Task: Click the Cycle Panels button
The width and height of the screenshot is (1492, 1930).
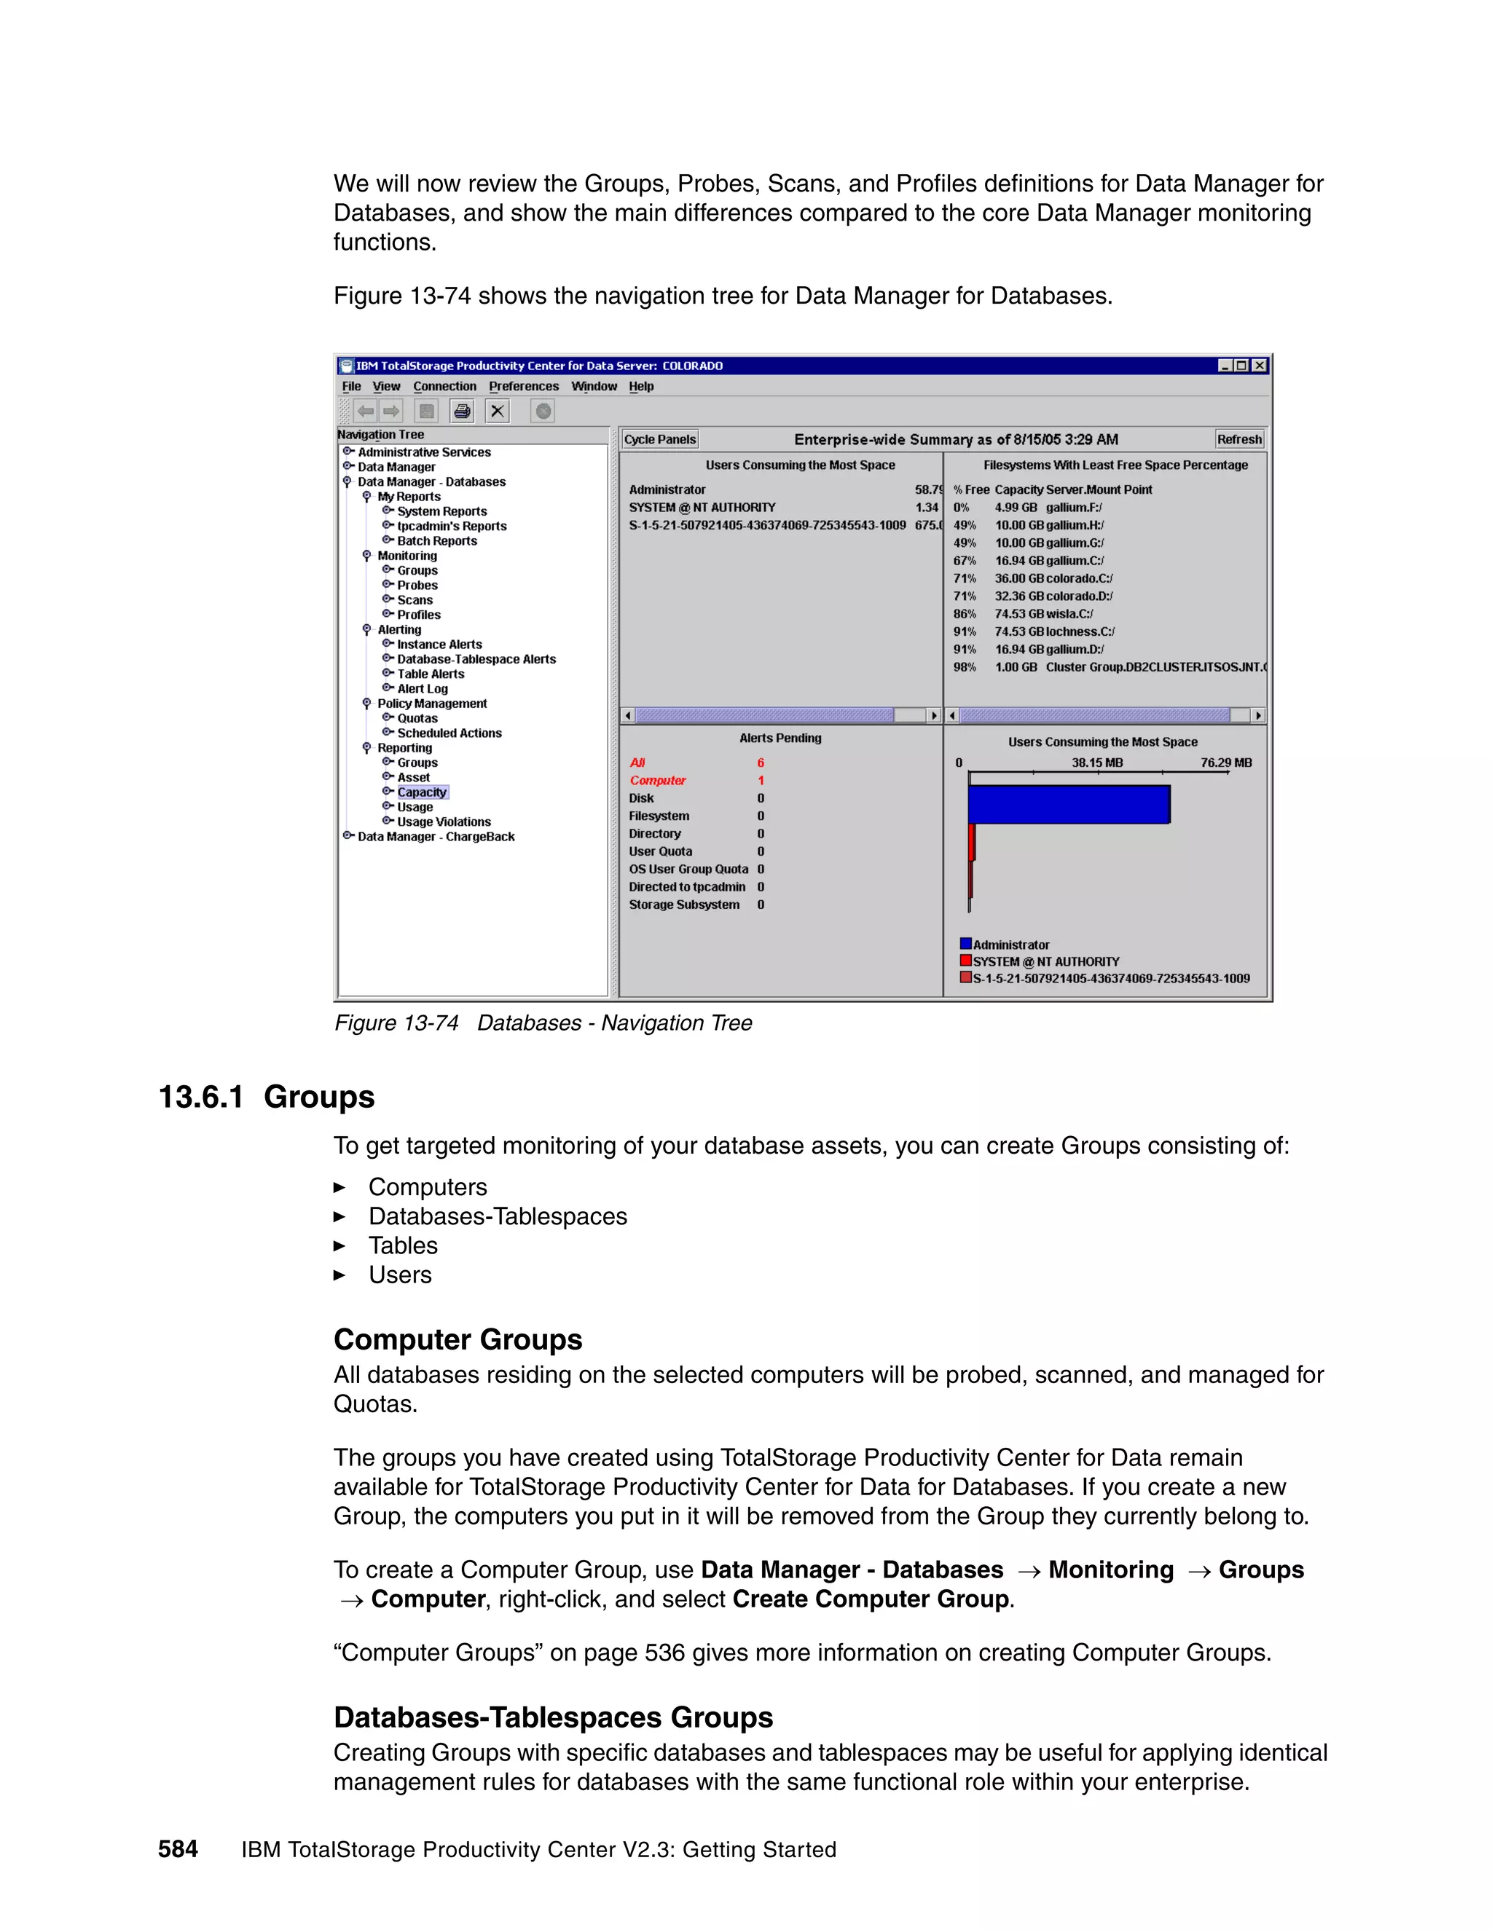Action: [659, 439]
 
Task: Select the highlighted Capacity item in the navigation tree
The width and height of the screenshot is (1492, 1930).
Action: [422, 792]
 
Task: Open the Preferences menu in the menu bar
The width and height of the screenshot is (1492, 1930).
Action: [523, 386]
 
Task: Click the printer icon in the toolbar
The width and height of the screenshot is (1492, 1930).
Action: [461, 411]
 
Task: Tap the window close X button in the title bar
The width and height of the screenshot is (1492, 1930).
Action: [1260, 366]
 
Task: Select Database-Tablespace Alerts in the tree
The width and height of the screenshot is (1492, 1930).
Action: [476, 659]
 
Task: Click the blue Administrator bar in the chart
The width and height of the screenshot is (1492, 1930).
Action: [1068, 804]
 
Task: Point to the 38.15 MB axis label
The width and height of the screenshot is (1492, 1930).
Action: [1097, 763]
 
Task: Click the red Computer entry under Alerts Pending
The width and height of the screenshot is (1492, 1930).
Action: [658, 780]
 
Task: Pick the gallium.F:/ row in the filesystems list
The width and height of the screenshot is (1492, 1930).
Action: [1073, 507]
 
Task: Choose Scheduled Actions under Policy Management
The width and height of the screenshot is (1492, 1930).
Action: [449, 733]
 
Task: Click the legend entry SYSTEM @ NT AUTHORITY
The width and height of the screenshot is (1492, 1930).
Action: [1045, 961]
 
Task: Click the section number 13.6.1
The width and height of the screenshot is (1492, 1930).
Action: [200, 1097]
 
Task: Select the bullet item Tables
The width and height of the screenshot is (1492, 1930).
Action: [403, 1246]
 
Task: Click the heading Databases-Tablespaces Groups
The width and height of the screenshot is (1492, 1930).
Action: [554, 1717]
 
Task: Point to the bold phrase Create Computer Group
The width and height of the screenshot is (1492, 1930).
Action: [871, 1599]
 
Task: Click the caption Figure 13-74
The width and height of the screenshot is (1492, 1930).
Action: [396, 1023]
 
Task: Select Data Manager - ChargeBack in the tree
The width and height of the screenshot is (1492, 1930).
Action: [436, 837]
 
